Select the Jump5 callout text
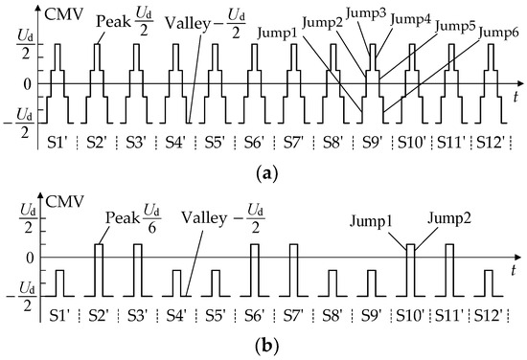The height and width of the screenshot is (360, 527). pos(455,26)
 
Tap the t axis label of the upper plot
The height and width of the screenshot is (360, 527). pos(516,97)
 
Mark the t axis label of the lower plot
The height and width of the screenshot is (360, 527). pos(516,269)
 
